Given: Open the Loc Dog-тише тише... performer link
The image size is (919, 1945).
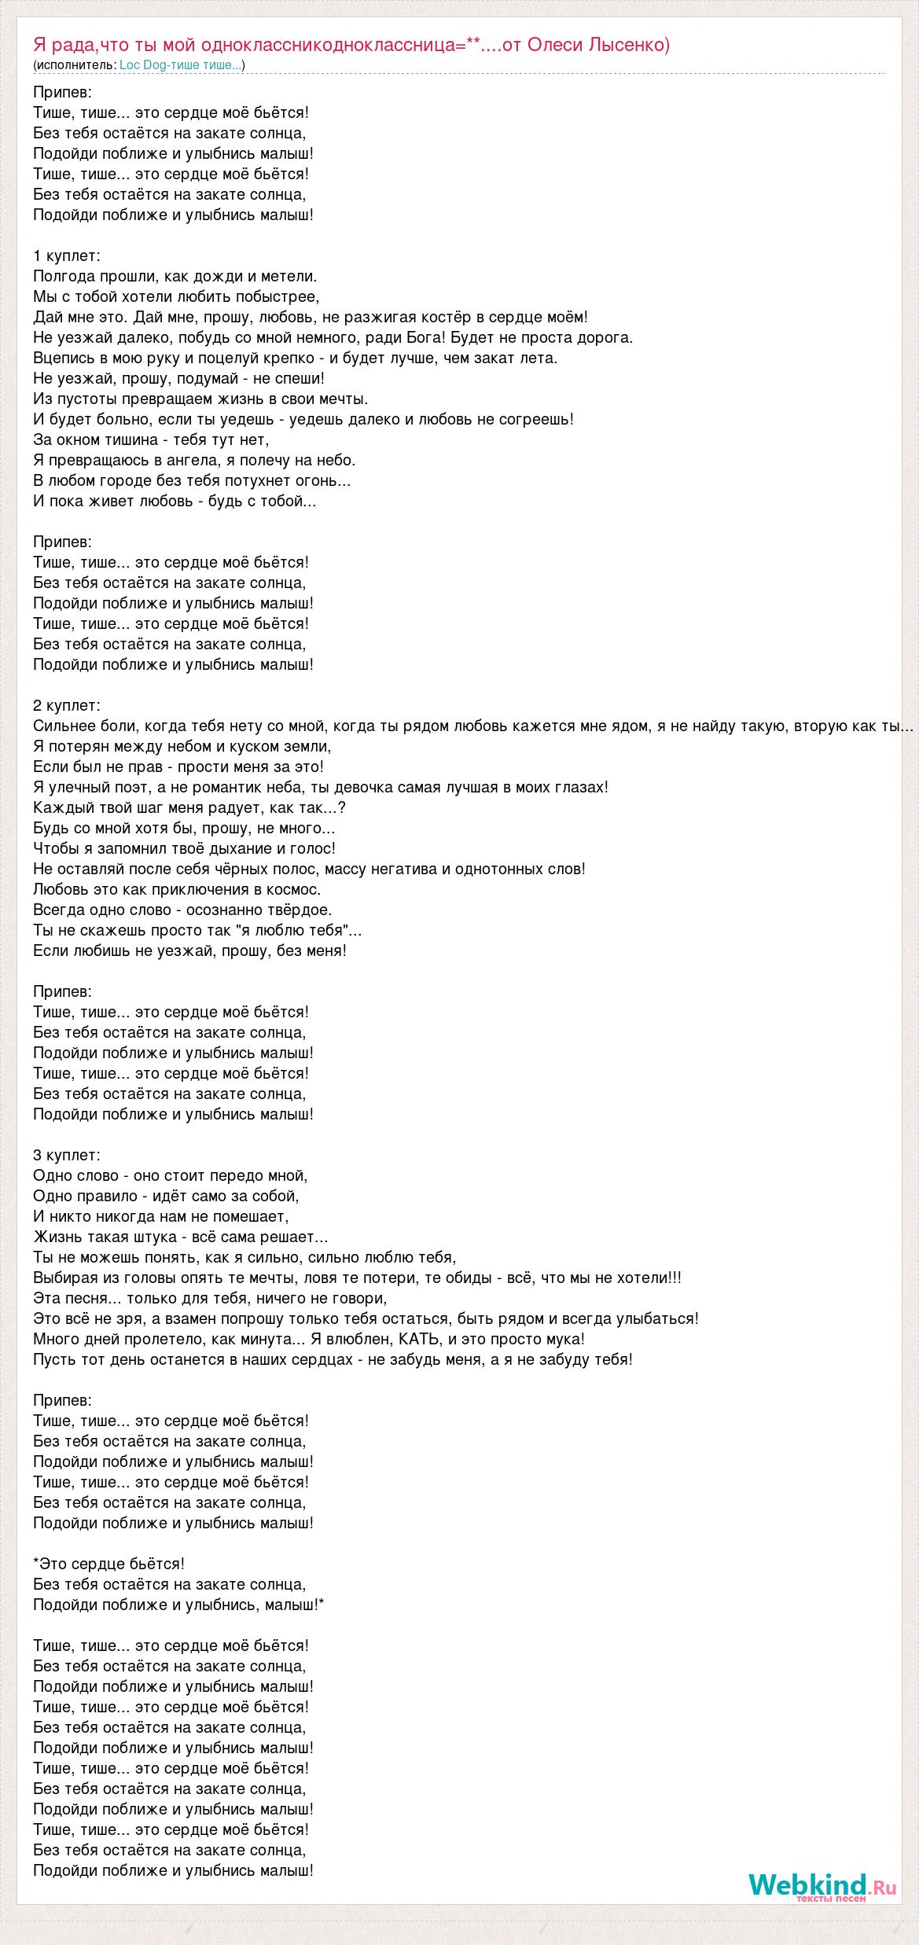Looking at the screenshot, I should [x=181, y=65].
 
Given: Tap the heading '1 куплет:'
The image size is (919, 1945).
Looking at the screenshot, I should [x=67, y=256].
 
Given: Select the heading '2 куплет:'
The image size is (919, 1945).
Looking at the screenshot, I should [x=67, y=705].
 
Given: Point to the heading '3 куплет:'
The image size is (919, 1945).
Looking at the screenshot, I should [x=67, y=1155].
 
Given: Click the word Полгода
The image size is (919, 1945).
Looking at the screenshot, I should [x=64, y=276].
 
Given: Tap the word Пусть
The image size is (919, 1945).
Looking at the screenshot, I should [x=53, y=1359].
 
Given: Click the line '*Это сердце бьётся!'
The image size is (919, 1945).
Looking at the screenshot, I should [x=109, y=1564].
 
